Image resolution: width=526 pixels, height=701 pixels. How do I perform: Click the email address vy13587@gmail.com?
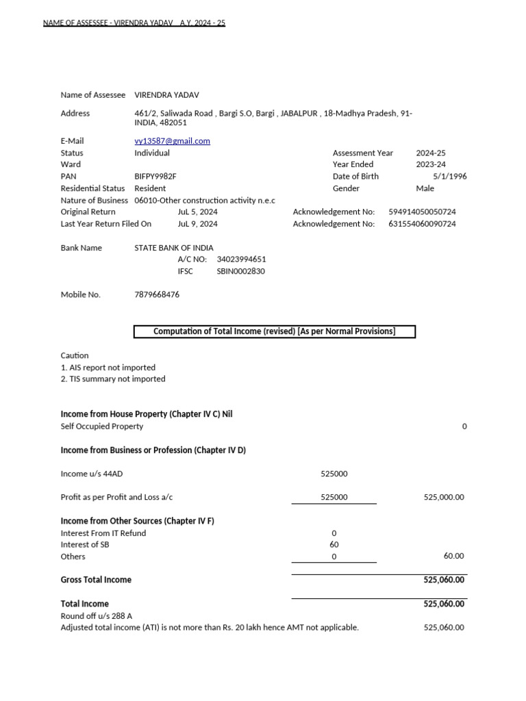click(x=172, y=141)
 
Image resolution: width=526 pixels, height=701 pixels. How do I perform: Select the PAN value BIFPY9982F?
click(x=155, y=177)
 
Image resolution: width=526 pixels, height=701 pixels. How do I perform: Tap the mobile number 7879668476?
click(x=157, y=294)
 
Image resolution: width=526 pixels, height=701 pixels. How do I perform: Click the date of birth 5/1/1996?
click(x=449, y=177)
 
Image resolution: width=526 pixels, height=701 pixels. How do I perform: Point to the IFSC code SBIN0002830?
click(x=240, y=271)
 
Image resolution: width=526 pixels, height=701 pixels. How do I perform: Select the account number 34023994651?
click(x=241, y=259)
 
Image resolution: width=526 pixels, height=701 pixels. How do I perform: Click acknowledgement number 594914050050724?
click(x=422, y=212)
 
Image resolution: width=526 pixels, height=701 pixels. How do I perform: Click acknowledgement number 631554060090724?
click(x=422, y=224)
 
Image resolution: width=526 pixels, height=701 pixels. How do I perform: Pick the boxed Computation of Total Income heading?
click(x=274, y=332)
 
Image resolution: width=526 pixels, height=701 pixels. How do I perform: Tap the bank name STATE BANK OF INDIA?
click(x=173, y=248)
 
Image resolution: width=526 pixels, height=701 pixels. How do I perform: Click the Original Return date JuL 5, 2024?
click(x=197, y=212)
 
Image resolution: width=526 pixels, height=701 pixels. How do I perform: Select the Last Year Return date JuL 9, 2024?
click(x=197, y=224)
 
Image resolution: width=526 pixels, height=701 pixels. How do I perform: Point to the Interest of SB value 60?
click(x=334, y=545)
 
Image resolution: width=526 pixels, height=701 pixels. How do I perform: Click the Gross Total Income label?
click(x=96, y=580)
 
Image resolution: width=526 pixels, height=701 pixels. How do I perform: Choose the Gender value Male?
click(x=425, y=188)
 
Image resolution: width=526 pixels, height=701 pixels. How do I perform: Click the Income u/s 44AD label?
click(x=92, y=474)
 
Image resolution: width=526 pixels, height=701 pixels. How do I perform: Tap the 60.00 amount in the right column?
click(x=453, y=557)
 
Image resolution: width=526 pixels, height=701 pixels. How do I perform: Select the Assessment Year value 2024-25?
click(x=431, y=153)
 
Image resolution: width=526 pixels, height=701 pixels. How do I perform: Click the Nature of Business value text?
click(x=204, y=201)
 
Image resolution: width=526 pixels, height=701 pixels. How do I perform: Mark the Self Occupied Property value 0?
click(x=464, y=426)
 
